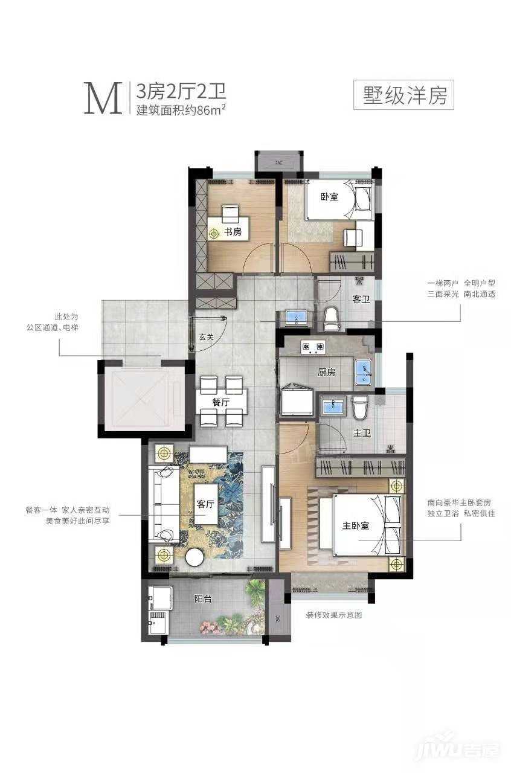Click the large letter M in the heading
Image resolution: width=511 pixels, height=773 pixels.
[103, 98]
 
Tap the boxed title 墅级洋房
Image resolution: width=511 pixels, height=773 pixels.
[403, 95]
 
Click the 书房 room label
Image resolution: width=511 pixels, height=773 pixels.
[233, 232]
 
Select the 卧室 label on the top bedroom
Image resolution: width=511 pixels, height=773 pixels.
[329, 197]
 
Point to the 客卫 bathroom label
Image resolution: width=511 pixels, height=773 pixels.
[361, 299]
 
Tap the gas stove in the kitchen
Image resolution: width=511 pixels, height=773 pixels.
[313, 347]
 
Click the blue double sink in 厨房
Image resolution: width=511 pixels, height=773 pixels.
[363, 373]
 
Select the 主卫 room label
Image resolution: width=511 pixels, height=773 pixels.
[362, 433]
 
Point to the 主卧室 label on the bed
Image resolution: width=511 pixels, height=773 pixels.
[356, 525]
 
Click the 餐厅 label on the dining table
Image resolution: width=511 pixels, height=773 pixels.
[221, 402]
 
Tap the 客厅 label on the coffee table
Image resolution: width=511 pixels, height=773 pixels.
[205, 504]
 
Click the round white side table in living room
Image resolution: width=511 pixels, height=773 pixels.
[194, 557]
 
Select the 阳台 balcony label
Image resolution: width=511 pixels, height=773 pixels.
[203, 598]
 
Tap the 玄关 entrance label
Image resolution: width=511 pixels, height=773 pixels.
[206, 337]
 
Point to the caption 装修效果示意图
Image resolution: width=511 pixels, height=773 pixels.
[334, 615]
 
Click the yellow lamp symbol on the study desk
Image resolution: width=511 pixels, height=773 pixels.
[214, 234]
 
